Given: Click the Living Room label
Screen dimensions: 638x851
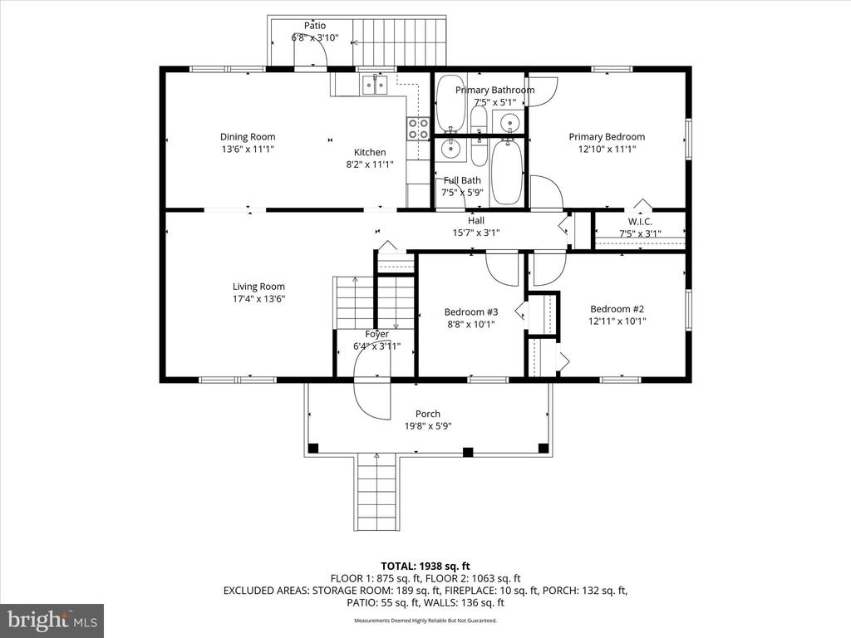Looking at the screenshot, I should click(259, 287).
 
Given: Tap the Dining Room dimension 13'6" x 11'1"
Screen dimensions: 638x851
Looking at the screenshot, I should click(248, 150).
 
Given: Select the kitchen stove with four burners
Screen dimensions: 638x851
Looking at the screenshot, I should click(417, 128).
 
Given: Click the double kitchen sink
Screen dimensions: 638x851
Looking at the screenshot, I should click(376, 84).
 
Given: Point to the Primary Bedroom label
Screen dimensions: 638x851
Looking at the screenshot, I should click(606, 137).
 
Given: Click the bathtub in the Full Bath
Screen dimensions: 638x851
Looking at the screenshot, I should click(506, 172).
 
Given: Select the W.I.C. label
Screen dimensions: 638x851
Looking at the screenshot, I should click(639, 221).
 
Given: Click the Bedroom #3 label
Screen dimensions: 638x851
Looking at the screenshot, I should click(470, 312).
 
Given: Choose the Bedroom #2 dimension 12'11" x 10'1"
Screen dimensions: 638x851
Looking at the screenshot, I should click(617, 321).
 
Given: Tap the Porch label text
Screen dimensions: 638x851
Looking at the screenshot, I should click(428, 414).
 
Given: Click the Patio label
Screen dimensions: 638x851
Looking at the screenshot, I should click(314, 25).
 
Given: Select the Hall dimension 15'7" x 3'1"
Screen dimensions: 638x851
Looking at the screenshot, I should click(476, 233).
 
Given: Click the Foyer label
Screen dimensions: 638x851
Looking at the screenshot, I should click(376, 334).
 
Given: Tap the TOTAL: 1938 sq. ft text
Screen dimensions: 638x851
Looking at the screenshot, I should click(425, 566).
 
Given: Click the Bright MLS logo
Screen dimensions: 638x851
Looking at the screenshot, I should click(52, 621).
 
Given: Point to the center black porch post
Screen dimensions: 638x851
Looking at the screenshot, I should click(467, 452).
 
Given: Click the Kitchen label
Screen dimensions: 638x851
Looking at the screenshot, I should click(370, 152).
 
